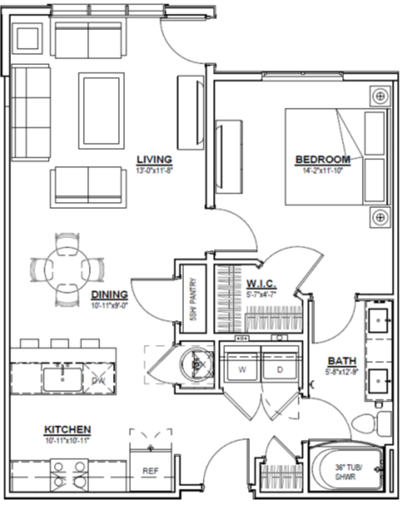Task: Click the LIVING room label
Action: (155, 159)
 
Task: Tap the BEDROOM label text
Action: (323, 159)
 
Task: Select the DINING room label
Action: (109, 293)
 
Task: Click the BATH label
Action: (341, 361)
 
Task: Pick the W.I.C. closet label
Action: (260, 282)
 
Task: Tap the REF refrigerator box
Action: (150, 470)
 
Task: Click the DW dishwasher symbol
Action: (98, 377)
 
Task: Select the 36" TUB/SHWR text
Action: (347, 472)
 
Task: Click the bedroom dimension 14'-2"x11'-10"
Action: (323, 170)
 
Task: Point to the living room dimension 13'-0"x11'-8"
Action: (155, 170)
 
